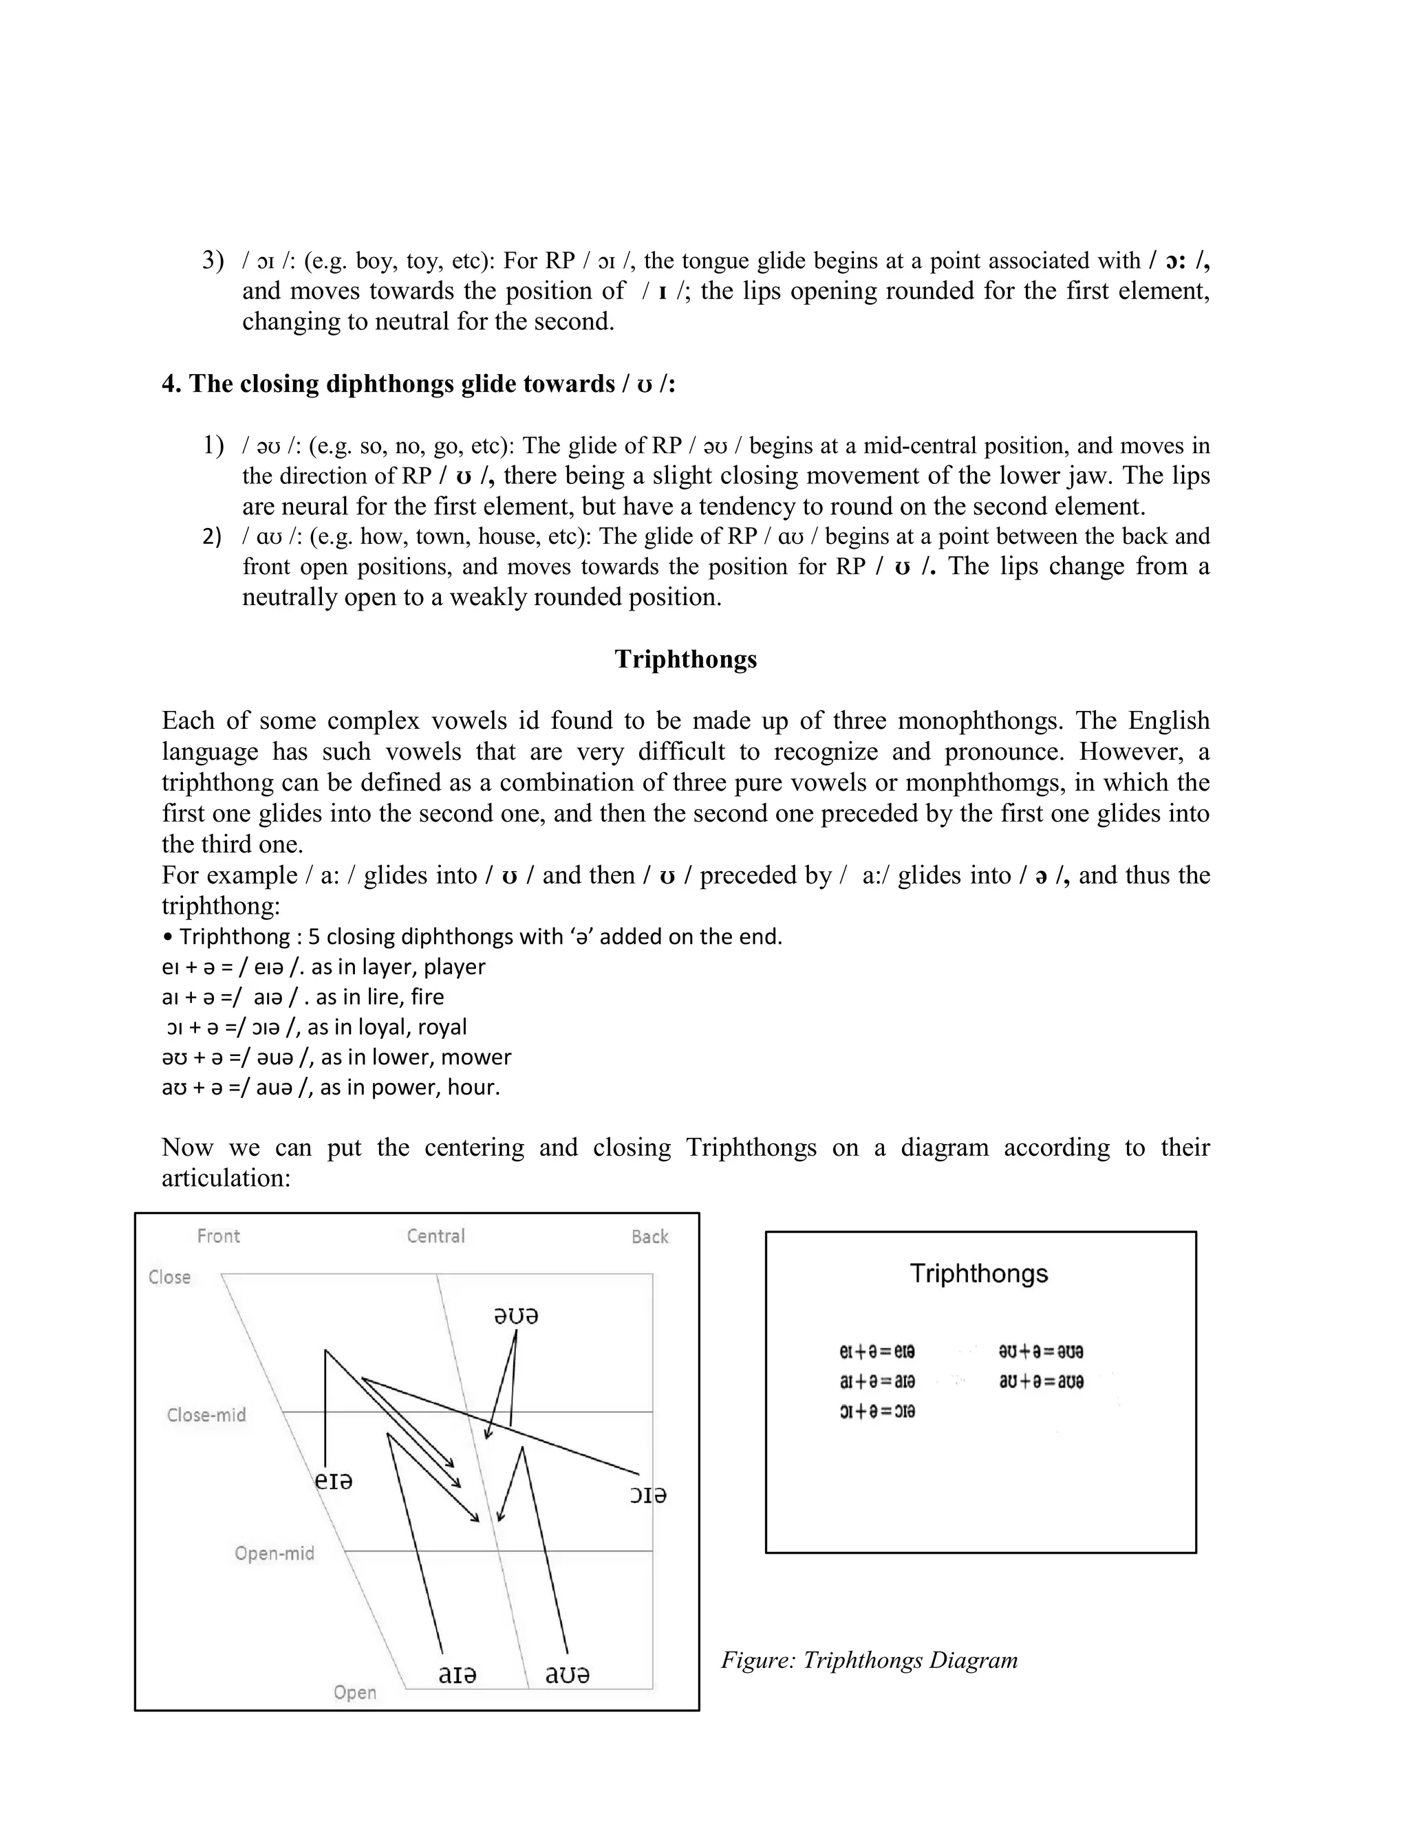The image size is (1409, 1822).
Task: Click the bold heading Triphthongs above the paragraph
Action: (685, 659)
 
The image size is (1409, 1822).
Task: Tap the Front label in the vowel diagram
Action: (218, 1236)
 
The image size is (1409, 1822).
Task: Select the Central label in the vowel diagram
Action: (435, 1236)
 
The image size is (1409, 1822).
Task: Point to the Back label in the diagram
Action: (649, 1236)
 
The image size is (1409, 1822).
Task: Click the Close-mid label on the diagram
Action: (206, 1415)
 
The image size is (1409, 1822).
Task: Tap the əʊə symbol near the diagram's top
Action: (516, 1317)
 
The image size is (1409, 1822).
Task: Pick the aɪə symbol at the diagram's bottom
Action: (457, 1674)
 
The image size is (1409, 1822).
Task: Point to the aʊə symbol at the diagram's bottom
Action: (567, 1674)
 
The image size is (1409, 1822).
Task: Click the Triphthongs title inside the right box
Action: (978, 1274)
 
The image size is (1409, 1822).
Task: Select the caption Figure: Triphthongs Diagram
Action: (869, 1660)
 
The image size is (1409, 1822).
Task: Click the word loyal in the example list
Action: (383, 1027)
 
